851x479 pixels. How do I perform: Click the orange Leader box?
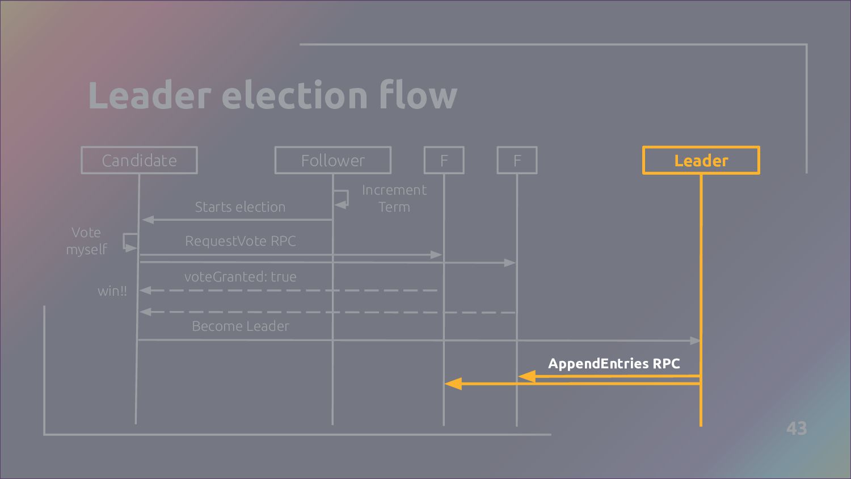pos(701,161)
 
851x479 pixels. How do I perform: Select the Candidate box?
pos(139,161)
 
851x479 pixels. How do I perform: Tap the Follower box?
pos(333,161)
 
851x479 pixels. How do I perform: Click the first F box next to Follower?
pos(444,161)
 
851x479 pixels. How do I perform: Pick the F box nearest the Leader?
pos(517,161)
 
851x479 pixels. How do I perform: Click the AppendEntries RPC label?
pos(614,364)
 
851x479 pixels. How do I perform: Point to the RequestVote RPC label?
pos(241,241)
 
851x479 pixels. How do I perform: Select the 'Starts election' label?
pos(240,207)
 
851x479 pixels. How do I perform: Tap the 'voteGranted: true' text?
pos(240,277)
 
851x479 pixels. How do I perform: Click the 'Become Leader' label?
pos(241,326)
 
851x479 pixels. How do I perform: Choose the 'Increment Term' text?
pos(394,199)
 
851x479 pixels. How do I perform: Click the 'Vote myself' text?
pos(86,241)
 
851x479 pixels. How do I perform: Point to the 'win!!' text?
pos(112,291)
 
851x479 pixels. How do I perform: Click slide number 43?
pos(797,428)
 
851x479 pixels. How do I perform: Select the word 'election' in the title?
pos(294,95)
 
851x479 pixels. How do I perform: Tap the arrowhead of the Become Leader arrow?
pos(696,341)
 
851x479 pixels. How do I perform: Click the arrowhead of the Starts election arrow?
pos(148,220)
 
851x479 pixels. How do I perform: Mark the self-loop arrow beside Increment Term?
pos(342,198)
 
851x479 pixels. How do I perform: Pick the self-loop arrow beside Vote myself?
pos(130,241)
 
